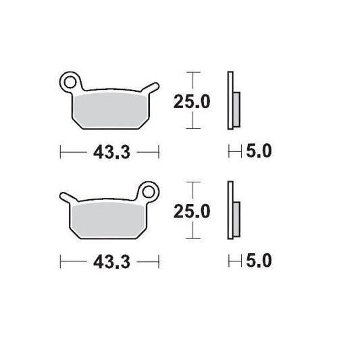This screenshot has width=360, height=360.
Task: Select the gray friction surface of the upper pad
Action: [x=108, y=109]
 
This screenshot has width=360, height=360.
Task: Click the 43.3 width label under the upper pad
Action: [x=109, y=152]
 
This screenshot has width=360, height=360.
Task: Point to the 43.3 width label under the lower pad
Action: [x=109, y=261]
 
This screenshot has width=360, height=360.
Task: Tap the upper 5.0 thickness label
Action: [x=257, y=152]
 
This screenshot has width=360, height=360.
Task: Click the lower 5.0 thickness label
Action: [x=257, y=261]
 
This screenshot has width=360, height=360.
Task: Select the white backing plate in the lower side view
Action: [x=230, y=210]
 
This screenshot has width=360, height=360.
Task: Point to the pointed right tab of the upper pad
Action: [x=157, y=85]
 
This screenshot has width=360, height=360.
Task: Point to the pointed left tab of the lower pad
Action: [x=63, y=196]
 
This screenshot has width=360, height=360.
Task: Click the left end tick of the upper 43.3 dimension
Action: [x=61, y=152]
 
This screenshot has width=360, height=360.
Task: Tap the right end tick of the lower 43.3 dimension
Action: [x=158, y=261]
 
